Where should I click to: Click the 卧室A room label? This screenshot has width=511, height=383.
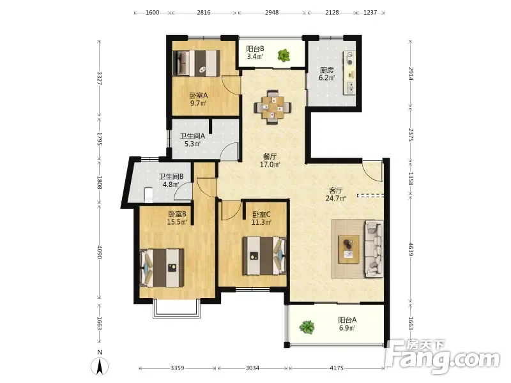pyautogui.click(x=199, y=95)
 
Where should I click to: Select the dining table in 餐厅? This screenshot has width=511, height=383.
pyautogui.click(x=273, y=107)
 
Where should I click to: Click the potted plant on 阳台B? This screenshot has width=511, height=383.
pyautogui.click(x=284, y=55)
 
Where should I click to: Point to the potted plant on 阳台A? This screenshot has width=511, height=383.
pyautogui.click(x=307, y=327)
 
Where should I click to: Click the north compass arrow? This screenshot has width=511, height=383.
pyautogui.click(x=100, y=366)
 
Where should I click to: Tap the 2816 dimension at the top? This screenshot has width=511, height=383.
pyautogui.click(x=204, y=13)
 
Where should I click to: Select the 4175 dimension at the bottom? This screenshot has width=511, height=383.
pyautogui.click(x=337, y=368)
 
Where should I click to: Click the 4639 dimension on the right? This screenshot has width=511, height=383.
pyautogui.click(x=411, y=249)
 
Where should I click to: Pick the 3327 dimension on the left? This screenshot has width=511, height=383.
pyautogui.click(x=100, y=79)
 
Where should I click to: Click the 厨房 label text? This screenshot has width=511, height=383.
pyautogui.click(x=327, y=70)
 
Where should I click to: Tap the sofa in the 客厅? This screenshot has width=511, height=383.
pyautogui.click(x=374, y=249)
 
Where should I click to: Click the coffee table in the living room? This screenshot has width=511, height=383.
pyautogui.click(x=349, y=249)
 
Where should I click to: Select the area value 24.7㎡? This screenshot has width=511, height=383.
pyautogui.click(x=336, y=198)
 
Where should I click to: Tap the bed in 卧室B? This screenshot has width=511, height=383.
pyautogui.click(x=162, y=268)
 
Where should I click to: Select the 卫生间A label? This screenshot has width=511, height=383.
pyautogui.click(x=192, y=136)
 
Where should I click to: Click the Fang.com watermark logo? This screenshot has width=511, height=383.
pyautogui.click(x=443, y=357)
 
